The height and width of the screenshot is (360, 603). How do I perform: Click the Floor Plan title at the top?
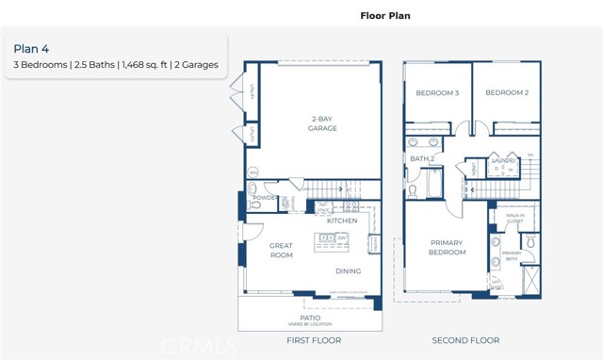(x=385, y=16)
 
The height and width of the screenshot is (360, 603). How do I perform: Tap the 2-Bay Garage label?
(x=322, y=124)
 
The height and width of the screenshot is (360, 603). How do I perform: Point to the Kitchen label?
(x=341, y=221)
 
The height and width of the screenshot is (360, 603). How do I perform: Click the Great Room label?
(x=257, y=251)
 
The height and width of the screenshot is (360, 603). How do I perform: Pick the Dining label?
(x=349, y=271)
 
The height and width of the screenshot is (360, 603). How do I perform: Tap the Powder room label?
(x=265, y=199)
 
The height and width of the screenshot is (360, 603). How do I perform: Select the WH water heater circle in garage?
(x=253, y=172)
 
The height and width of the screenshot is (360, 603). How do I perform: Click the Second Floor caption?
(x=465, y=340)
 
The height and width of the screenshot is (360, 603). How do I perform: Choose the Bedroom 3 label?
(x=437, y=92)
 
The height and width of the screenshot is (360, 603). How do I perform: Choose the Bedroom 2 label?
(x=506, y=92)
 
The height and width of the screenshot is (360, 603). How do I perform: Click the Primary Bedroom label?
(x=448, y=247)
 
